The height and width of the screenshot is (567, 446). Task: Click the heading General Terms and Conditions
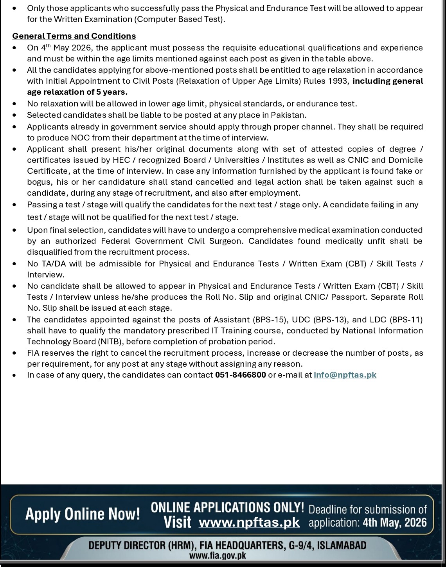[x=74, y=36]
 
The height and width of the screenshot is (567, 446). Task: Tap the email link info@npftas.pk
[x=345, y=375]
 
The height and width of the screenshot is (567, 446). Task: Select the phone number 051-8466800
[x=240, y=375]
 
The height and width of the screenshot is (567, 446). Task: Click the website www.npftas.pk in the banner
[x=249, y=522]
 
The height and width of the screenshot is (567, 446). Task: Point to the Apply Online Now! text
[x=83, y=514]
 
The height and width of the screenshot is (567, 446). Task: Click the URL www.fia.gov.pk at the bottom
[x=218, y=556]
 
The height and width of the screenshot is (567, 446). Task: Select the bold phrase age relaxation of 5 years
[x=77, y=92]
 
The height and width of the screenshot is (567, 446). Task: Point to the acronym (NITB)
[x=109, y=342]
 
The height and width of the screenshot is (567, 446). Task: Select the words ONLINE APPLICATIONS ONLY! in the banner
[x=227, y=508]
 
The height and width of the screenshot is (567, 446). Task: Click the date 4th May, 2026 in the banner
[x=395, y=523]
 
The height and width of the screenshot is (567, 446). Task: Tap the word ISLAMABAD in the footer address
[x=341, y=545]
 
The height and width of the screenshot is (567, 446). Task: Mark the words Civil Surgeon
[x=219, y=241]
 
